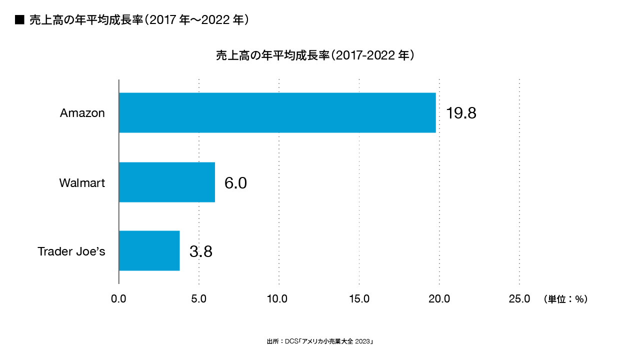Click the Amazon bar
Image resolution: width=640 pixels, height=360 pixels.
pos(277,112)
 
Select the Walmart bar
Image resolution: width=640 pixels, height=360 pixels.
pos(167,182)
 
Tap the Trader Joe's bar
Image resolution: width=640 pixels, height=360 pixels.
pos(149,250)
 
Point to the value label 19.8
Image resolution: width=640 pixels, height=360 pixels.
pos(461,113)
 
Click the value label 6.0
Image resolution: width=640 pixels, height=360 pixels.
pos(235,183)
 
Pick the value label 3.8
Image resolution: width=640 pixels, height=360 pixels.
pos(201,251)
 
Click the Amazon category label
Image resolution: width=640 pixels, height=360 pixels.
pos(82,113)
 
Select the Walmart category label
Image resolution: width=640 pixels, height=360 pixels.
pos(82,183)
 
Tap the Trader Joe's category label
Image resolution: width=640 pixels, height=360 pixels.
pos(71,251)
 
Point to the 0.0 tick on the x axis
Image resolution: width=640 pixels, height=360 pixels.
pos(118,299)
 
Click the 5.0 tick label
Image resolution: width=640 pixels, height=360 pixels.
pos(199,299)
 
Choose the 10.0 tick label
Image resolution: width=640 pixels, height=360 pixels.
pos(277,299)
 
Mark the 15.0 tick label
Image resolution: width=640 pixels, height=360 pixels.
pos(359,299)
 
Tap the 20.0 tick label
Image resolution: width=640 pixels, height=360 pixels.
pos(439,299)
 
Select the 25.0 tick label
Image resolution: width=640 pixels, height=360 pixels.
pos(519,299)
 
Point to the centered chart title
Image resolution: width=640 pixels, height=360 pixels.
pos(315,55)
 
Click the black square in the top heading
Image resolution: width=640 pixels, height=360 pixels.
pos(20,20)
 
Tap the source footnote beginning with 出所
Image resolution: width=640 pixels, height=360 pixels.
pos(320,341)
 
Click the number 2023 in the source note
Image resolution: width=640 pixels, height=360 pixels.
pos(363,341)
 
